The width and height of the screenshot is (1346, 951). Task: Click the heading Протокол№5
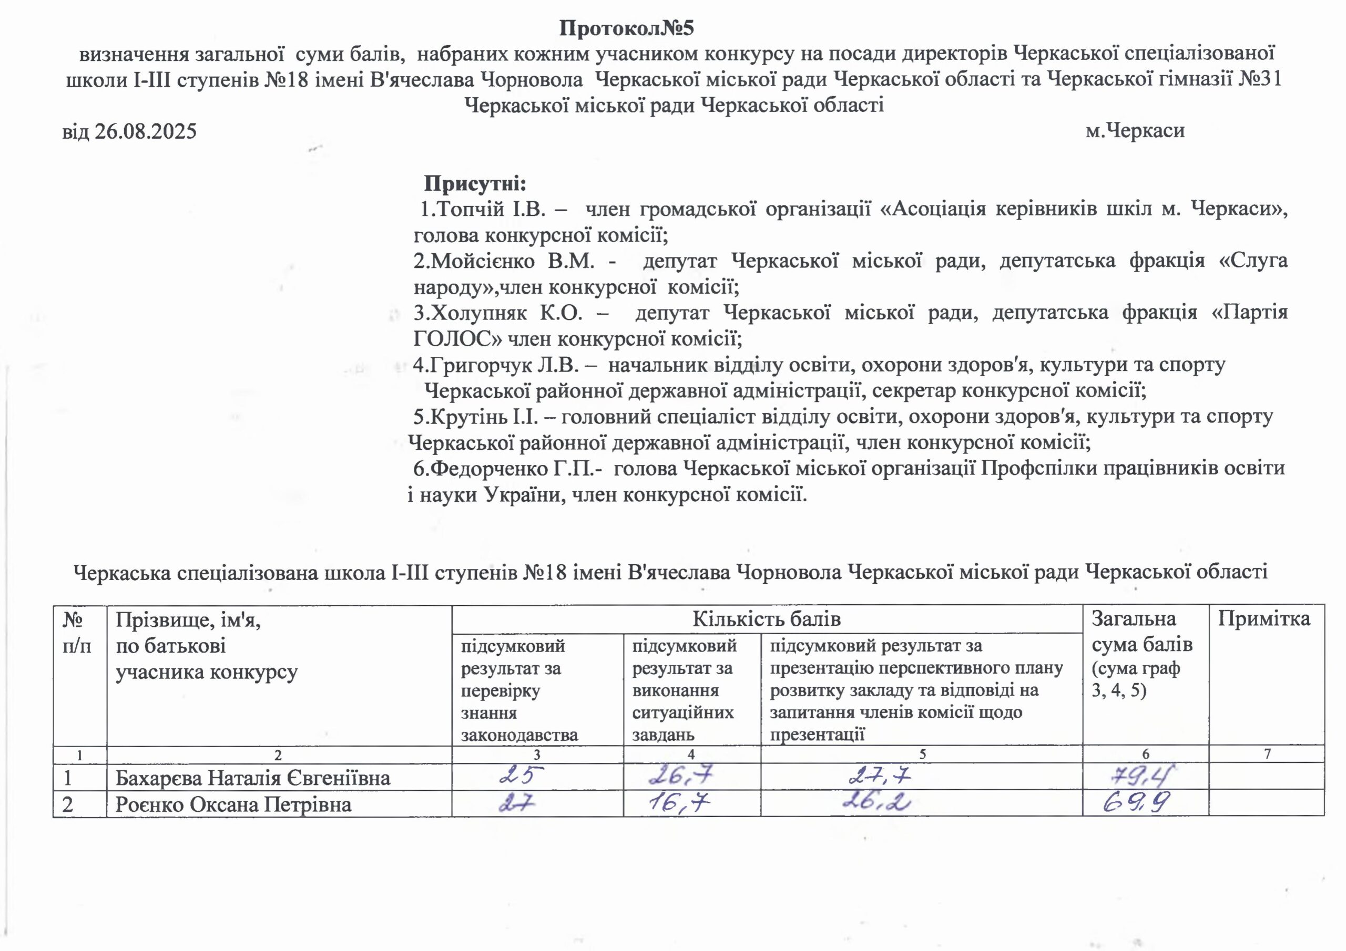coord(626,28)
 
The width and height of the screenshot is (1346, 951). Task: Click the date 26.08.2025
coord(146,131)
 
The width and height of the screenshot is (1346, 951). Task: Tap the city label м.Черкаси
coord(1135,130)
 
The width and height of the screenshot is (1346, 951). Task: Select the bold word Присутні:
coord(475,183)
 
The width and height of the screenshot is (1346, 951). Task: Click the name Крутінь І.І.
coord(484,417)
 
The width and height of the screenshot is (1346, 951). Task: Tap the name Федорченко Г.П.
coord(517,469)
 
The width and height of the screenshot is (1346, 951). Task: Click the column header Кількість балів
coord(766,619)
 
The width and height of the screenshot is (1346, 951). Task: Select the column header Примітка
coord(1264,619)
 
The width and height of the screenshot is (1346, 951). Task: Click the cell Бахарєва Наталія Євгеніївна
coord(253,778)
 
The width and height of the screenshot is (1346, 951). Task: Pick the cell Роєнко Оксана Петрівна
coord(233,804)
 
